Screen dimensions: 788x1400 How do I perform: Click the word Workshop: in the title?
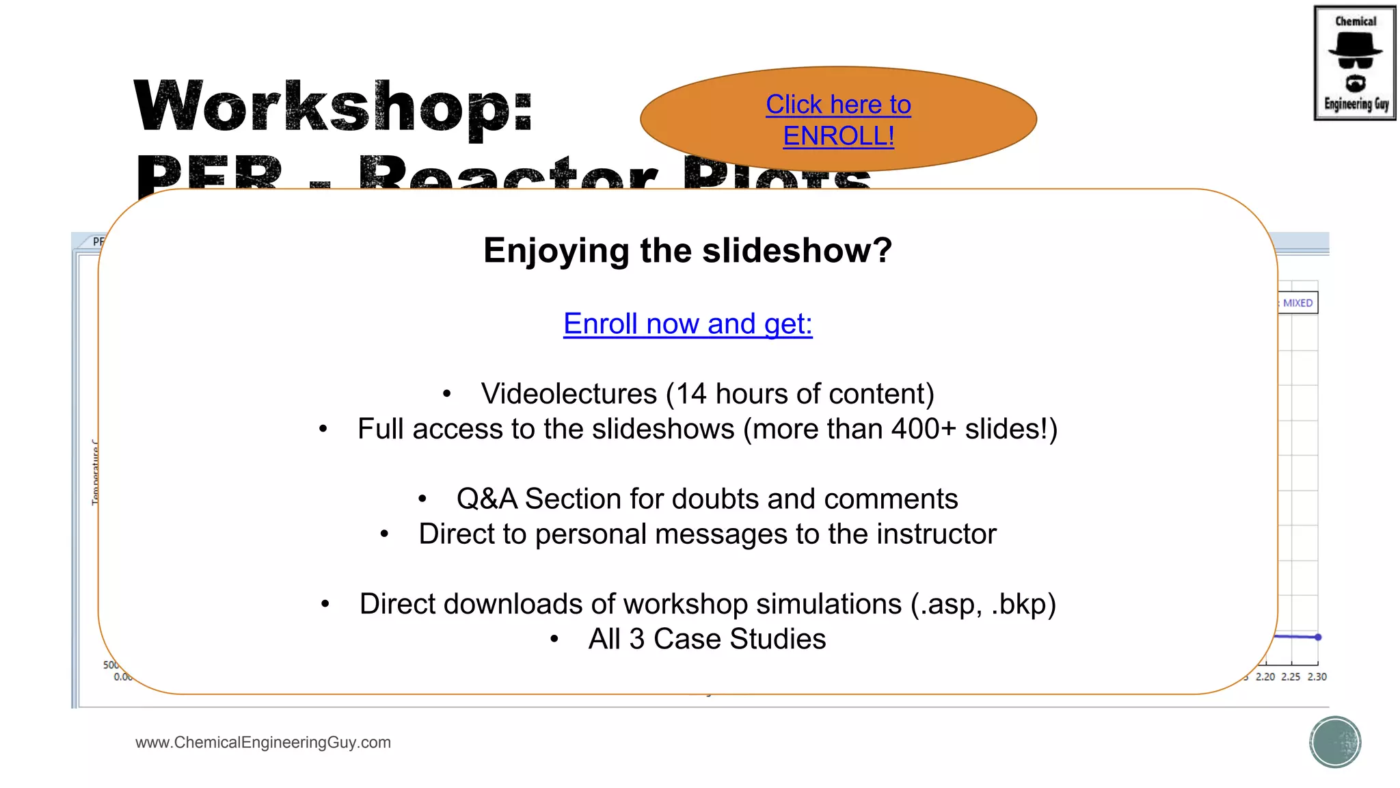(x=333, y=107)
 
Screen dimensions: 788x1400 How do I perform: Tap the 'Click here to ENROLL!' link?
(x=838, y=120)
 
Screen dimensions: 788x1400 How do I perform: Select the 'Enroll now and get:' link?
(x=688, y=324)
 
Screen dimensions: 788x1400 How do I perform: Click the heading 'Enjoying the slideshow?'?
(x=688, y=250)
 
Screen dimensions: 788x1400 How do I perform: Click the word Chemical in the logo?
(x=1356, y=21)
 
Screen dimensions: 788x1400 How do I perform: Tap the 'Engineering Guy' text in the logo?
(x=1356, y=104)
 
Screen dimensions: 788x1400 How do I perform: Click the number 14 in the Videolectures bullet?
(x=691, y=394)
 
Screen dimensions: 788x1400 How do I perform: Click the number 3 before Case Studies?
(x=636, y=639)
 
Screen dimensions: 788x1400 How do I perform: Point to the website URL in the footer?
(x=263, y=742)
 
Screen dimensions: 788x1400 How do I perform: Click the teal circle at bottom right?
(x=1335, y=742)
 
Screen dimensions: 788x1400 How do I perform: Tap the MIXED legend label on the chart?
(x=1297, y=303)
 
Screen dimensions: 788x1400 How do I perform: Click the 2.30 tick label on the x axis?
(x=1317, y=677)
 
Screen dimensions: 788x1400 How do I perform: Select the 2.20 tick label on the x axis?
(x=1265, y=677)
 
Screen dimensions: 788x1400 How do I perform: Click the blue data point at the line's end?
(x=1318, y=637)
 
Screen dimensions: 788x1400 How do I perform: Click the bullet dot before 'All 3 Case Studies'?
(x=554, y=640)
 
